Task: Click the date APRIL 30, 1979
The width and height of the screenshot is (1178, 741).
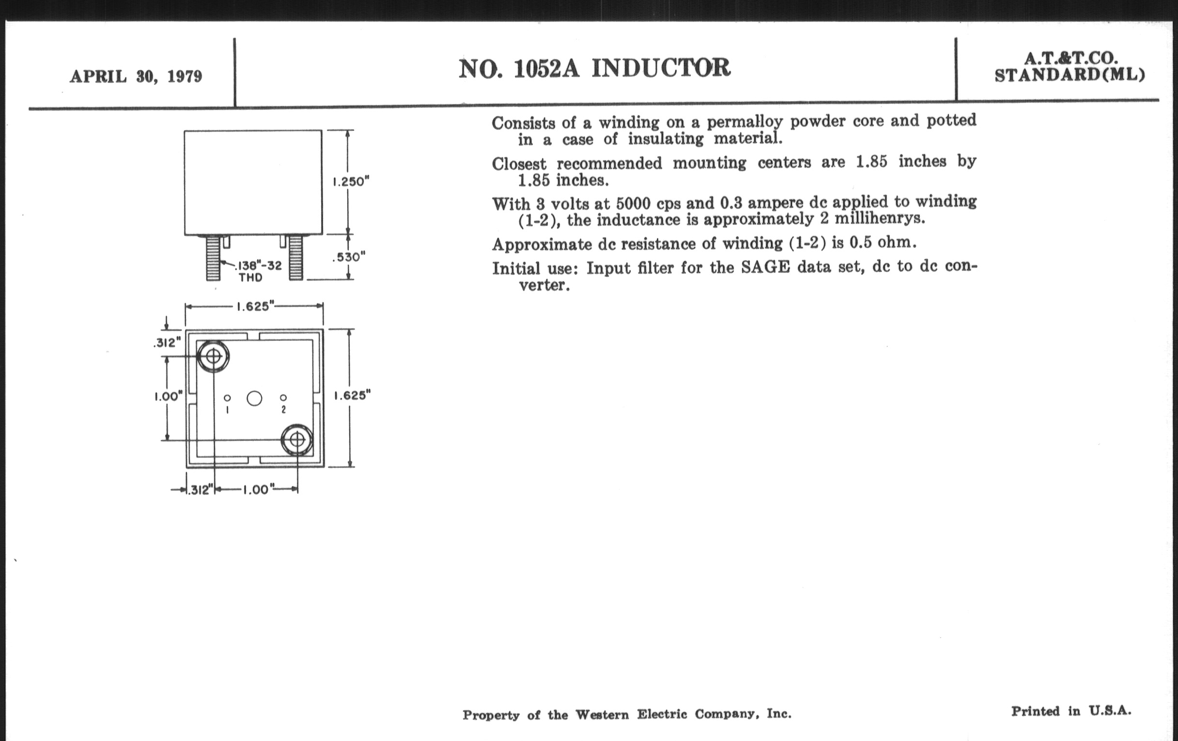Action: (x=136, y=77)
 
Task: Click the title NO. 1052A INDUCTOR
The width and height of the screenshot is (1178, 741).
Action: (x=594, y=68)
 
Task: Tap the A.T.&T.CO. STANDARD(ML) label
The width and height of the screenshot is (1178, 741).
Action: (x=1069, y=67)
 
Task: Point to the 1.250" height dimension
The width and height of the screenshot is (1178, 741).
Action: (x=350, y=182)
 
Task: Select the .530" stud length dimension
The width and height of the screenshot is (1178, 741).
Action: (x=349, y=257)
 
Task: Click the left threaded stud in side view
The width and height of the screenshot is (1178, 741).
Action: (x=213, y=258)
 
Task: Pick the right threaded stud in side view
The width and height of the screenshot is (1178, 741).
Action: (x=295, y=258)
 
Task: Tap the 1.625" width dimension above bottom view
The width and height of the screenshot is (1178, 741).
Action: (x=253, y=307)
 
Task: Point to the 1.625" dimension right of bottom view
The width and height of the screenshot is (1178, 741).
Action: (x=352, y=396)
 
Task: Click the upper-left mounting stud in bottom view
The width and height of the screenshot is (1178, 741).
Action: (x=213, y=356)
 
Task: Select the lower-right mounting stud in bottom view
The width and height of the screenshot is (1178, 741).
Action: (x=296, y=440)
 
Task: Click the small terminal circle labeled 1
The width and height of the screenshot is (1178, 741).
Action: (x=227, y=398)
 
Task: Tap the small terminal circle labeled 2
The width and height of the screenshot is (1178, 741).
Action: (x=283, y=398)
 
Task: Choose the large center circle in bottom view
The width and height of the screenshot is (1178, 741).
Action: (x=254, y=398)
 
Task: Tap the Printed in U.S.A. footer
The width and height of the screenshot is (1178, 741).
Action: (x=1071, y=711)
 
